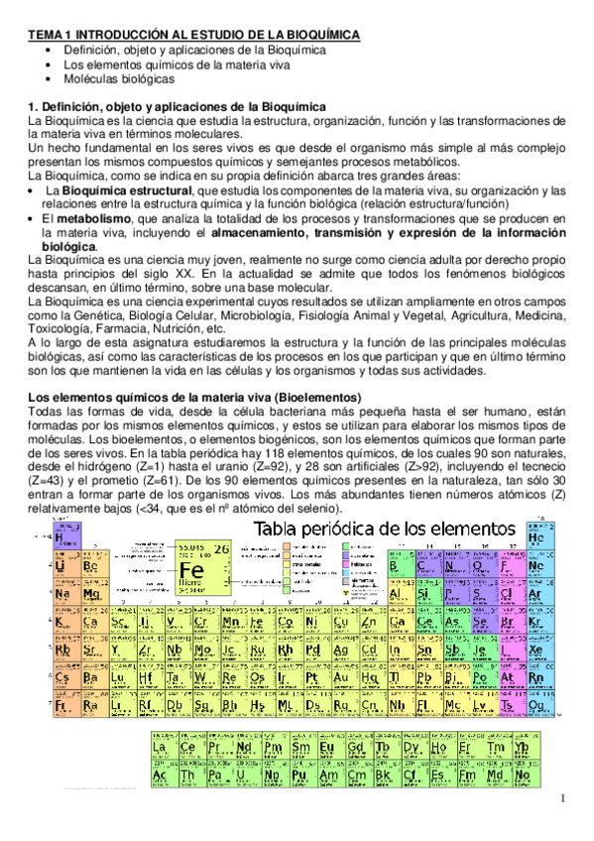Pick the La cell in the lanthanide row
pyautogui.click(x=160, y=746)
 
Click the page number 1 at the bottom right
pyautogui.click(x=561, y=799)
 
